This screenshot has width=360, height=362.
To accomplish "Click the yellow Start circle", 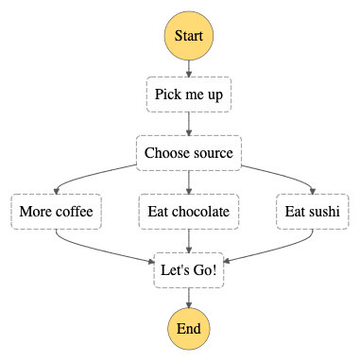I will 189,37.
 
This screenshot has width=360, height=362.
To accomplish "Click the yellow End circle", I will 189,328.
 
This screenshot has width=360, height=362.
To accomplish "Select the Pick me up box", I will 189,95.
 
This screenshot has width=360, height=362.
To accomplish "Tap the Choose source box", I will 189,153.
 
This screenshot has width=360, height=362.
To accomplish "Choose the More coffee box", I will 55,212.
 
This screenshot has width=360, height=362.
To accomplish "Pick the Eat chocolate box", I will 189,212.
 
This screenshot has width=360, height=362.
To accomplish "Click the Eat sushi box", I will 311,212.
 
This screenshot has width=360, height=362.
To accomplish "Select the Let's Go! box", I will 189,270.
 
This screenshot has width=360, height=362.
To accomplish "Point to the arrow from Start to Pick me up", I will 189,69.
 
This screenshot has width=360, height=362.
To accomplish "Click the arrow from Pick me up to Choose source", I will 189,124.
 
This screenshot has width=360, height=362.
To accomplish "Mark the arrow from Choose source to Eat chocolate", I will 189,182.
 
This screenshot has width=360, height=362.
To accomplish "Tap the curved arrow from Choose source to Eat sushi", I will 283,175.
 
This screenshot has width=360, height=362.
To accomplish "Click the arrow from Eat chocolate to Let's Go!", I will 189,241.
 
